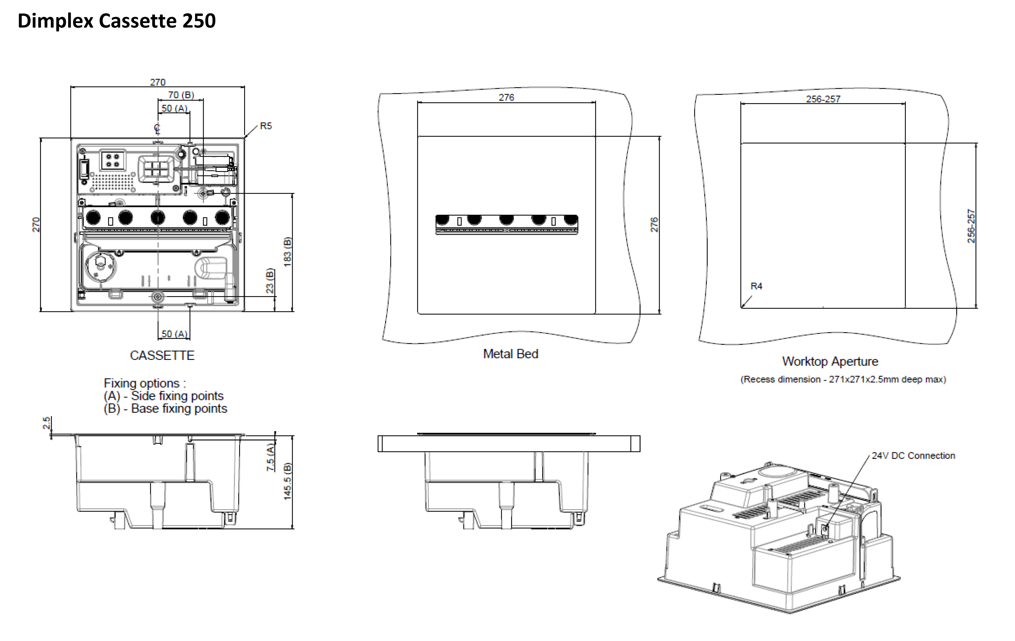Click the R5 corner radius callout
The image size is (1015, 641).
click(266, 126)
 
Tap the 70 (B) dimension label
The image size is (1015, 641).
click(181, 95)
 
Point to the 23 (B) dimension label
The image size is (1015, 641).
click(270, 281)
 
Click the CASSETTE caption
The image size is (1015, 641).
click(162, 356)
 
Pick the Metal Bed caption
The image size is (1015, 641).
click(510, 354)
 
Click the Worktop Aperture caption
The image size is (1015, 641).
click(830, 362)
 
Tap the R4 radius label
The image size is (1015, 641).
click(756, 286)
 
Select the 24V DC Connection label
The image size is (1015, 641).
click(913, 456)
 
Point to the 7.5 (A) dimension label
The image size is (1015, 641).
click(270, 457)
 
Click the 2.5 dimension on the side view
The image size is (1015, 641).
click(46, 423)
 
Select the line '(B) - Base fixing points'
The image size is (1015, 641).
click(165, 409)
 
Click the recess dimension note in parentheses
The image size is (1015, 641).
click(843, 380)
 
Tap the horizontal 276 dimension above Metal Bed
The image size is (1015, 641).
click(506, 97)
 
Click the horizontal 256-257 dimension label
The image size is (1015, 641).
click(823, 99)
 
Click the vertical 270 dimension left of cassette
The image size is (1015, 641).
click(36, 225)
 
